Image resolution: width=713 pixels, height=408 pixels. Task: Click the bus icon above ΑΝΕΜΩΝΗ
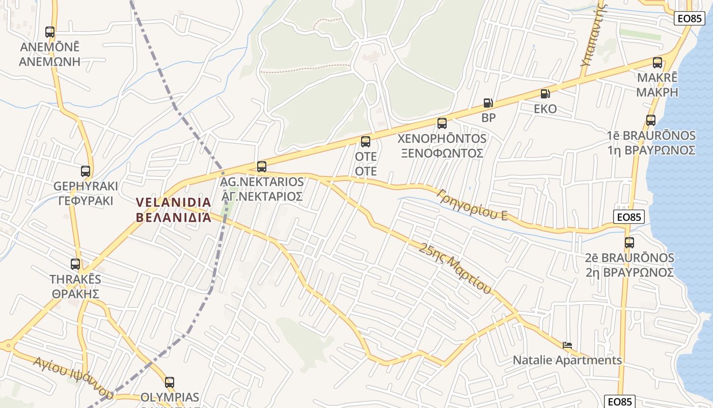click(49, 32)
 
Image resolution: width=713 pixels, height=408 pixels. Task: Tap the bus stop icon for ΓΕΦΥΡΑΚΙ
click(85, 171)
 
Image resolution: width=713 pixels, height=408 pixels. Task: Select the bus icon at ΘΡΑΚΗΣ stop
click(75, 264)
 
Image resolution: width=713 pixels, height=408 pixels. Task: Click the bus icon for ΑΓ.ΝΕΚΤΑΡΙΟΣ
click(262, 166)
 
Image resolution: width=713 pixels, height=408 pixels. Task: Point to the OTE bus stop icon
click(366, 142)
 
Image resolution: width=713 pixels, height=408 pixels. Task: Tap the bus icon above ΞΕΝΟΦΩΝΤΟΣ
click(442, 123)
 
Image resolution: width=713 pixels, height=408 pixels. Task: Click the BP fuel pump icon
click(488, 103)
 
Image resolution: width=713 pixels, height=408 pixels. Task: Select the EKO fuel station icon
click(545, 94)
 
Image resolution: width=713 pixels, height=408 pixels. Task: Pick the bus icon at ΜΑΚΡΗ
click(657, 63)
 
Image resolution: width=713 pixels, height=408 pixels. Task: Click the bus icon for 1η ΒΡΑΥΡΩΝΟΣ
click(651, 120)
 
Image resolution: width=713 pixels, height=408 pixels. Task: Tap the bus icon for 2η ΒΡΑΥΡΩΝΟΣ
click(629, 243)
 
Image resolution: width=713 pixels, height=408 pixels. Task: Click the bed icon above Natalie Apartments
click(567, 345)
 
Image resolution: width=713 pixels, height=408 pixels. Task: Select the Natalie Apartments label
click(567, 360)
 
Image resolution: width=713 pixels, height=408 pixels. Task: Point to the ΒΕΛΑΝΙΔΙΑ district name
click(174, 210)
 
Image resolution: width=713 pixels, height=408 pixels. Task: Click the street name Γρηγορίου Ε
click(472, 205)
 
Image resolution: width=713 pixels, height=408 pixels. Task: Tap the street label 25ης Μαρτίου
click(455, 268)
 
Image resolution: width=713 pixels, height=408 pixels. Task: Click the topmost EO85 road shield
click(690, 18)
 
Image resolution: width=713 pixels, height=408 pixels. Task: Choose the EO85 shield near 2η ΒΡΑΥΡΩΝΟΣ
click(628, 217)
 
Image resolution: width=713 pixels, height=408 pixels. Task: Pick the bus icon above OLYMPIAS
click(170, 382)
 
